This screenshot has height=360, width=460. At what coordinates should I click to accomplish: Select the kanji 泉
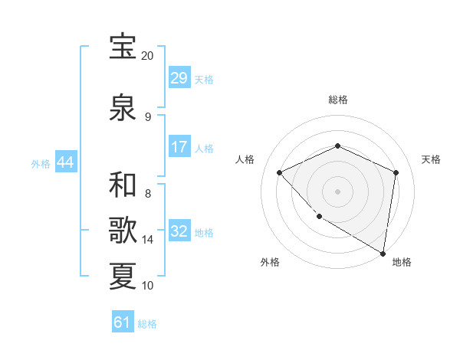click(123, 106)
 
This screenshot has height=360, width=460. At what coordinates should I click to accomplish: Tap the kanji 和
click(123, 184)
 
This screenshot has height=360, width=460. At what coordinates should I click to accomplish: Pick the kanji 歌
click(123, 230)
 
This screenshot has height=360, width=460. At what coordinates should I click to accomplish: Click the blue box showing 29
click(179, 78)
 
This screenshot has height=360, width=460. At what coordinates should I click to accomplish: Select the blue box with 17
click(179, 147)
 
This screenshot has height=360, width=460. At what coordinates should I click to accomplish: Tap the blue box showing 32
click(179, 231)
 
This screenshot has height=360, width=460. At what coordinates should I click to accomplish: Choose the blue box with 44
click(65, 162)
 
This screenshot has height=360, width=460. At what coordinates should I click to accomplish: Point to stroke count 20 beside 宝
click(147, 56)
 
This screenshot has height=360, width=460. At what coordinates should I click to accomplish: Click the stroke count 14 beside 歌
click(148, 240)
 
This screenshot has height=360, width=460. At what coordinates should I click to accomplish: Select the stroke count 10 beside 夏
click(148, 286)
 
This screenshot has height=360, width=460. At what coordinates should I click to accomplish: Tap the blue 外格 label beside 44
click(41, 163)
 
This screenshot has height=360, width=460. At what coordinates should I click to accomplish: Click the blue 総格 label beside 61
click(147, 324)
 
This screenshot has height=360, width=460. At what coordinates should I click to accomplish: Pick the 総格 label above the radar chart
click(337, 100)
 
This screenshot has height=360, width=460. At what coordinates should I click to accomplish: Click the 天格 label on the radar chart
click(431, 159)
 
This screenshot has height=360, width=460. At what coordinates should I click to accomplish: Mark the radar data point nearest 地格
click(383, 252)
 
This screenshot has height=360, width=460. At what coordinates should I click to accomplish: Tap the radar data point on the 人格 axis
click(281, 172)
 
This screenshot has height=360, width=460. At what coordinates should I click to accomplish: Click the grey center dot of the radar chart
click(337, 191)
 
